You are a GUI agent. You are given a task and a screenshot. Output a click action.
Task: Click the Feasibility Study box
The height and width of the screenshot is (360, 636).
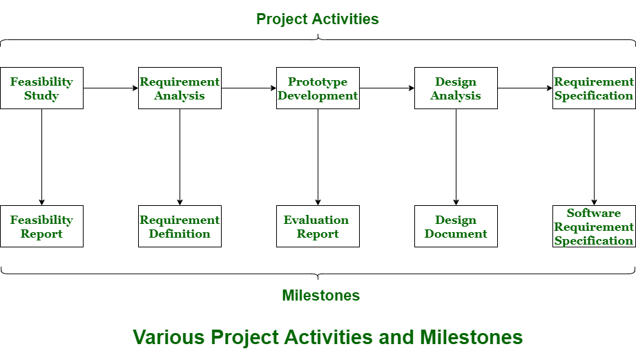[41, 88]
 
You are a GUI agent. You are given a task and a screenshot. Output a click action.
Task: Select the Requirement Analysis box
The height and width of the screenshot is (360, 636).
[180, 88]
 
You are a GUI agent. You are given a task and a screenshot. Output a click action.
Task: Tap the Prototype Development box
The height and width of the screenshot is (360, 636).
[318, 88]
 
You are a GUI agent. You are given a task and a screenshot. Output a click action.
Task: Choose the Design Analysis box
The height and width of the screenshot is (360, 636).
[456, 88]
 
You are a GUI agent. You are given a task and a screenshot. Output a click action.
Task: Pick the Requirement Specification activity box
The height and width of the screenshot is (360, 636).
[594, 88]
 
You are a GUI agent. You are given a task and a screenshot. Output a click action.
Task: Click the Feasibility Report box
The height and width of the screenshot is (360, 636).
[41, 226]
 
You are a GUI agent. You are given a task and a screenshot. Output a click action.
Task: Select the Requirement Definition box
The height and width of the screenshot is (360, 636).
[180, 226]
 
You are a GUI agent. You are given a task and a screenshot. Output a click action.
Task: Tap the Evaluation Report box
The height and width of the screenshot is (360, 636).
[318, 226]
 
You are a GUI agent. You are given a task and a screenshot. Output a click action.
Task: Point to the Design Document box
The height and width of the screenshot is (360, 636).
[456, 226]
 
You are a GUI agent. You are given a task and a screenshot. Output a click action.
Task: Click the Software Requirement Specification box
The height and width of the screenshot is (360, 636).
[594, 226]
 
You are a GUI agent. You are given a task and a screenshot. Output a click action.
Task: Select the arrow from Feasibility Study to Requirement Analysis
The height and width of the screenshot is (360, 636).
[110, 88]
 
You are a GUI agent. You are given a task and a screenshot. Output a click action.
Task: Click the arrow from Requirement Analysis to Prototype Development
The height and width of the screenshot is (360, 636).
[249, 88]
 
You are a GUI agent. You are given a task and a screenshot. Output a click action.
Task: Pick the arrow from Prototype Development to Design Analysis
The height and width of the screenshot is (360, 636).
[387, 88]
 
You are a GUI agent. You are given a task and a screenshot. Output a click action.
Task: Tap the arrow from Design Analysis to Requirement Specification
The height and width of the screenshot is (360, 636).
[525, 88]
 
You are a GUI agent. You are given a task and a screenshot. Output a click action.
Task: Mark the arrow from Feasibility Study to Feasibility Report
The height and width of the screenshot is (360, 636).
[41, 157]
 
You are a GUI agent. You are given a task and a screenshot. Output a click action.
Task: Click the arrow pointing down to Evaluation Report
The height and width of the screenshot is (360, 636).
[318, 157]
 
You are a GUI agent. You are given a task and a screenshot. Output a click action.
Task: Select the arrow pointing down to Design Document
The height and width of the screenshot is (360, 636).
[456, 157]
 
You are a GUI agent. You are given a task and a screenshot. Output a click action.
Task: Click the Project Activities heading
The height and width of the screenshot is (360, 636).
[318, 19]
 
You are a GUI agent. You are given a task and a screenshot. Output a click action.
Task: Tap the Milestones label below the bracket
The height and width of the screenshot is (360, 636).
[321, 295]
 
